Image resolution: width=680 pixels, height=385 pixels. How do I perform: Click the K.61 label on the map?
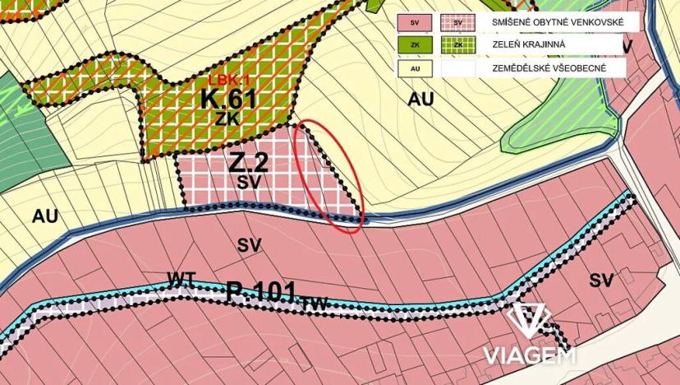(229, 100)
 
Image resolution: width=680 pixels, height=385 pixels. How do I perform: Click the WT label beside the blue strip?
(181, 277)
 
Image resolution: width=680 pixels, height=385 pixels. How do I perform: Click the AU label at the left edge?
(45, 216)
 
